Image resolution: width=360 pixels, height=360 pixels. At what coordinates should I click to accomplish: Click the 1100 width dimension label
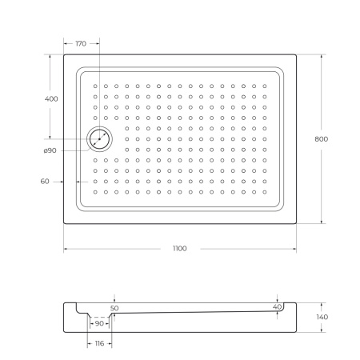[180, 249]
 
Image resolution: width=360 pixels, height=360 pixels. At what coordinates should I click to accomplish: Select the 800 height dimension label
[322, 139]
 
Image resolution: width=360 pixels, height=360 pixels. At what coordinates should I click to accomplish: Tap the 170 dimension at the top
[81, 43]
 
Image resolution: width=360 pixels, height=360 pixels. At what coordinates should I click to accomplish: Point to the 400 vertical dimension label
[51, 99]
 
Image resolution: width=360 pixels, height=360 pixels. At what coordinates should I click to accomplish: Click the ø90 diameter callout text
[50, 150]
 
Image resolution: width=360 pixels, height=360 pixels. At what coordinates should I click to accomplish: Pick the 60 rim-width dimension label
[45, 182]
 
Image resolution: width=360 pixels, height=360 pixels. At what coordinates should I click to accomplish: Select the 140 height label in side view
[322, 317]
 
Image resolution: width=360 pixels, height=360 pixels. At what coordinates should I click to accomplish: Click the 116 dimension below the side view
[99, 343]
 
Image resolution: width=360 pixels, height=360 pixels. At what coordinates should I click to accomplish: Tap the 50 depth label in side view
[114, 308]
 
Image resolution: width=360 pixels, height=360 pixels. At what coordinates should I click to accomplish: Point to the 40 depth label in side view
[277, 307]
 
